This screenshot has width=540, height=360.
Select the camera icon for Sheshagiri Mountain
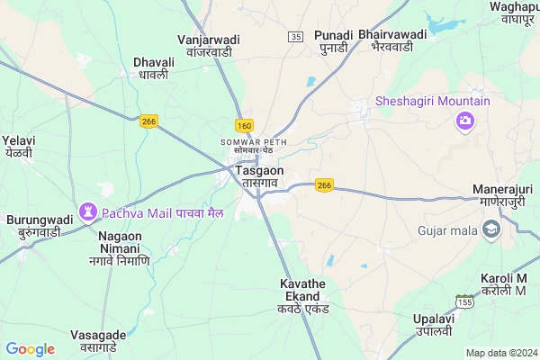coord(465,121)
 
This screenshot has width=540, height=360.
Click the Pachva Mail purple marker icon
coord(88,212)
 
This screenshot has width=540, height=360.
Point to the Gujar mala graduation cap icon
coord(490,230)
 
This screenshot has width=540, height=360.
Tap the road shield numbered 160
coord(244,125)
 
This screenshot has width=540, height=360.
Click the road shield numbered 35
coord(296,36)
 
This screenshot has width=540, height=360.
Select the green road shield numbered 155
coord(465,301)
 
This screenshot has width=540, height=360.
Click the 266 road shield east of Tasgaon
coord(325,185)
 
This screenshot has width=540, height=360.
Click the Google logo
coord(31,349)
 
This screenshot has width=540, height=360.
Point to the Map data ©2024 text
coord(500,353)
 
